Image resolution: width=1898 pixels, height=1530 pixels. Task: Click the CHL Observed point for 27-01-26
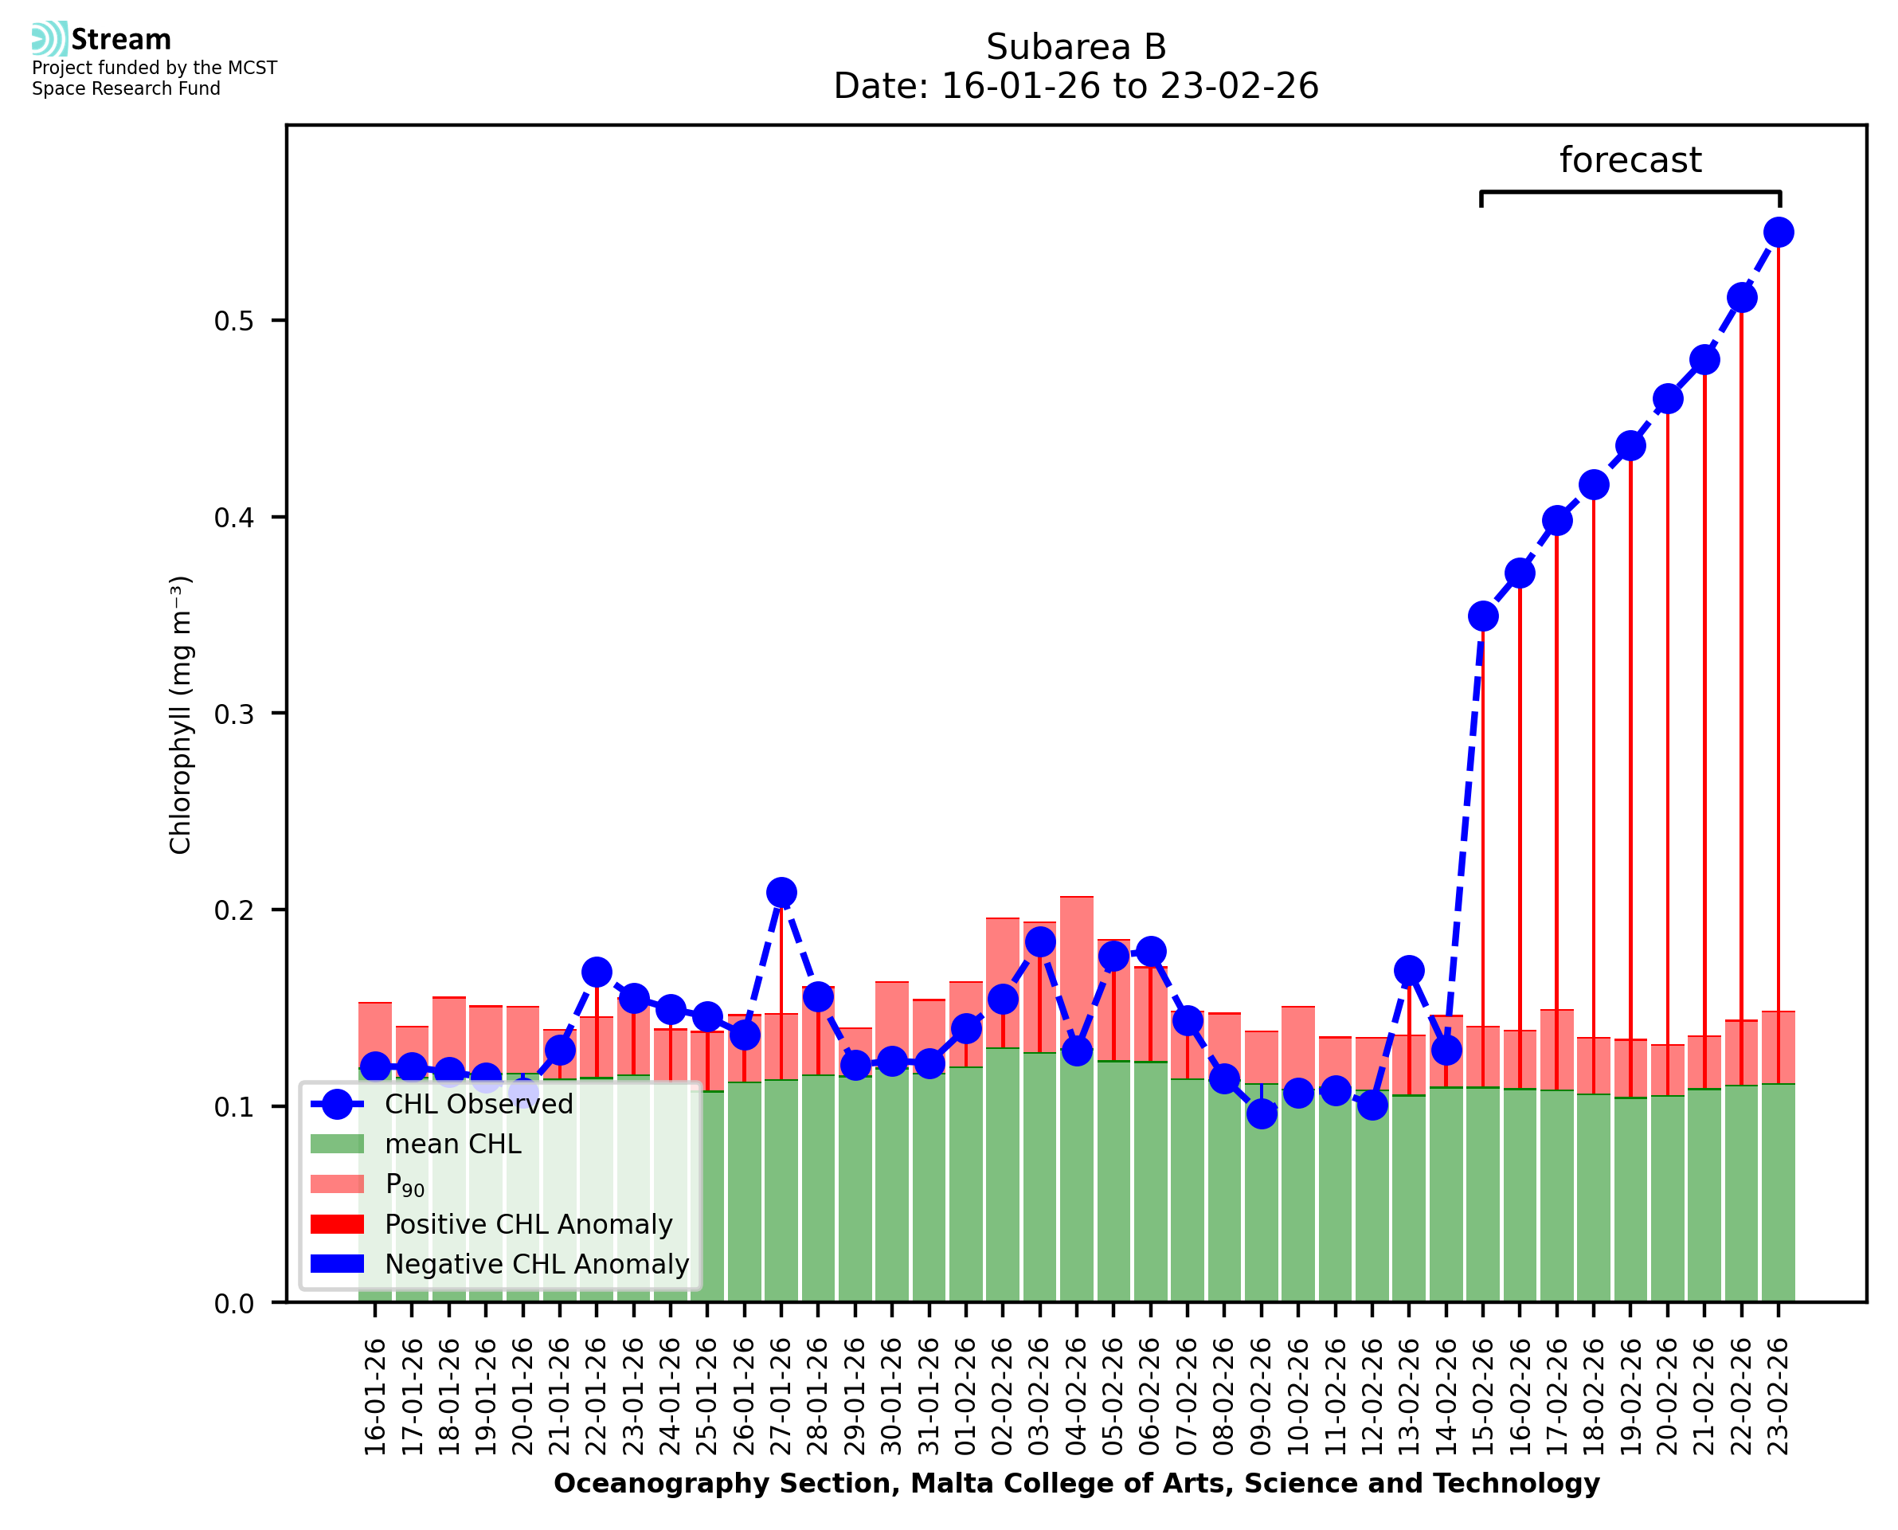(781, 893)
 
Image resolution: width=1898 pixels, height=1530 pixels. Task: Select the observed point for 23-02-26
(1779, 233)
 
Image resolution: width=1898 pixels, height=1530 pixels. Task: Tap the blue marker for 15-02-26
(1483, 616)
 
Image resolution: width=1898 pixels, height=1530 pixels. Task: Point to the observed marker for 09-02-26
(1261, 1114)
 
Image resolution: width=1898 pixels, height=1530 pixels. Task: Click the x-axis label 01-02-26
(966, 1397)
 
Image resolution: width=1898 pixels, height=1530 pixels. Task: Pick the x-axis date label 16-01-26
(375, 1397)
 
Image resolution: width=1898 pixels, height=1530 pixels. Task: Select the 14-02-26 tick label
(1446, 1397)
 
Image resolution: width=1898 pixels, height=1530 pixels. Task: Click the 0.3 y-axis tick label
(233, 714)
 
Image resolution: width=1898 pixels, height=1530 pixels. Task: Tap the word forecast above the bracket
(1630, 160)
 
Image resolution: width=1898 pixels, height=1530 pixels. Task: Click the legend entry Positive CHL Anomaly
(528, 1224)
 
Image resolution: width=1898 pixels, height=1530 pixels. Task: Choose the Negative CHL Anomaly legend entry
(536, 1264)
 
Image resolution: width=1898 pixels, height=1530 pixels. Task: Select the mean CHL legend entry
(453, 1144)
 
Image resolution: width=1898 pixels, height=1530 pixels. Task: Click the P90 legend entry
(405, 1184)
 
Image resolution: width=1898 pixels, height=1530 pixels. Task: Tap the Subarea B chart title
(1076, 47)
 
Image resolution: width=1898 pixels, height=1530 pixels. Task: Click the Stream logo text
(121, 40)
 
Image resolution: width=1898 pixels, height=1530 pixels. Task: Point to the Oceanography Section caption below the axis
(1076, 1484)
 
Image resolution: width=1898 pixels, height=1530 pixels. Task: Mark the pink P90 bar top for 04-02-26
(1077, 897)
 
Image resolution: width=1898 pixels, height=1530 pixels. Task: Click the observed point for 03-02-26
(1039, 941)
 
